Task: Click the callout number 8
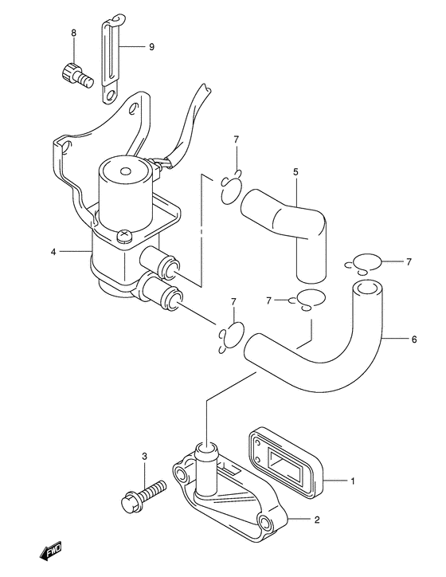click(74, 33)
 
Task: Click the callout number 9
click(151, 47)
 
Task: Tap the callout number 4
click(53, 252)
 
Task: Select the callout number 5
click(295, 172)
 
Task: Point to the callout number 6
click(414, 340)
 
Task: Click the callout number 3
click(144, 457)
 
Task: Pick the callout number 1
click(353, 481)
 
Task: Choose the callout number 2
click(317, 520)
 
